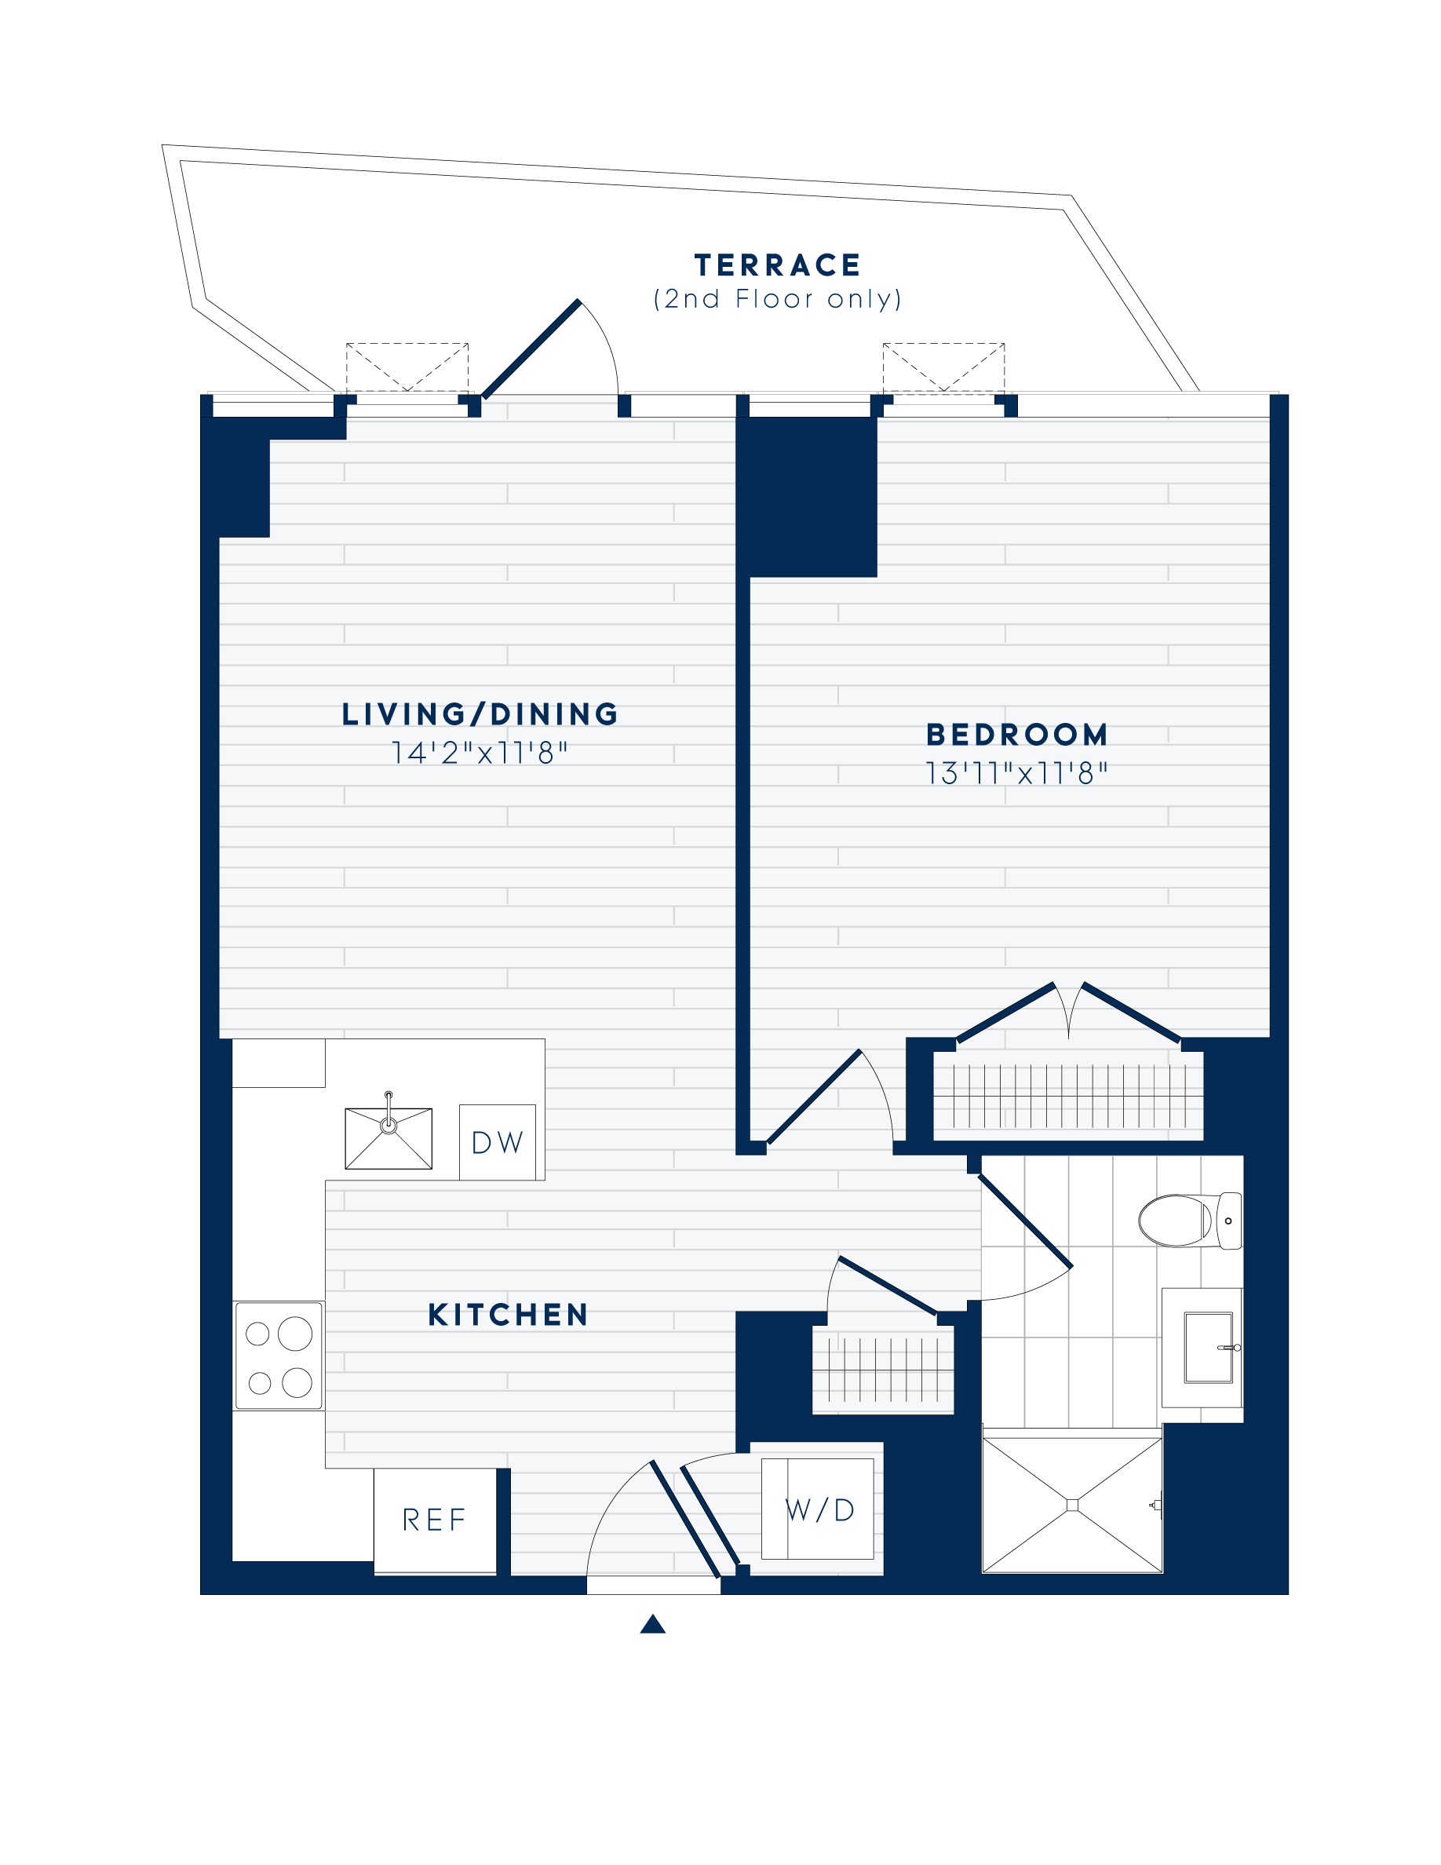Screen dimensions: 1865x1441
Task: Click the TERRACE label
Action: coord(777,265)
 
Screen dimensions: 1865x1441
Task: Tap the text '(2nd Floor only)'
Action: coord(777,299)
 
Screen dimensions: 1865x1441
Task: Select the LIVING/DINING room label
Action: coord(480,714)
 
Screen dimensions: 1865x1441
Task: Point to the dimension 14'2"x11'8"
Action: coord(479,752)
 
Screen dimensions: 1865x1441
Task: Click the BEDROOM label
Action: coord(1016,735)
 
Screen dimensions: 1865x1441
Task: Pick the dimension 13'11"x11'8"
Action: coord(1016,773)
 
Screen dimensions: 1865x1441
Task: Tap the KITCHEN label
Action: coord(508,1315)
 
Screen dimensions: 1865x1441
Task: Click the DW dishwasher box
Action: coord(498,1143)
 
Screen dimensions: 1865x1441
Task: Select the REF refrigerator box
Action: coord(435,1520)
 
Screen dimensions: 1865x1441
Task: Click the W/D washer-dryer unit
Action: coord(818,1509)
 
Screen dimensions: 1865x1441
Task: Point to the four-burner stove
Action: coord(279,1356)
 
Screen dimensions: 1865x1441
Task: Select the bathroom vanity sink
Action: coord(1209,1348)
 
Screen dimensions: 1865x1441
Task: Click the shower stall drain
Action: coord(1072,1506)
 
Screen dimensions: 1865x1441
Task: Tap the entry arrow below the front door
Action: coord(652,1623)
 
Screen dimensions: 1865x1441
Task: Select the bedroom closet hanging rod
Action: coord(1068,1095)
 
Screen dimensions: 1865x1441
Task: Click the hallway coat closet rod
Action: coord(883,1370)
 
